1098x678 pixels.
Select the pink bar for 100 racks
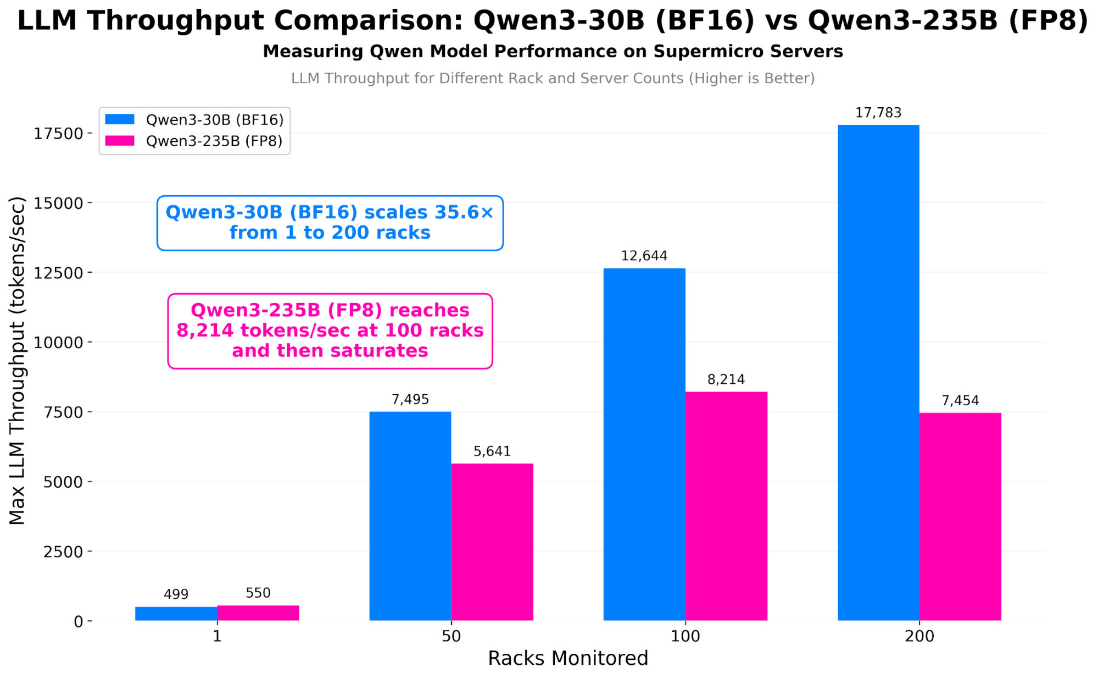726,506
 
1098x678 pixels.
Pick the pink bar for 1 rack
258,613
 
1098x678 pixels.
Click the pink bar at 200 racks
960,516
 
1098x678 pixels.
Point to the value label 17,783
878,113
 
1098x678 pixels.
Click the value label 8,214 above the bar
726,379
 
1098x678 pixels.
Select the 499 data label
176,594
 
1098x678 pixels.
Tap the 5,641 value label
492,451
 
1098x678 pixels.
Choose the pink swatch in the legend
120,141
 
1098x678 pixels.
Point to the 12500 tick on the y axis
59,273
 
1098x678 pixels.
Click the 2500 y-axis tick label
63,552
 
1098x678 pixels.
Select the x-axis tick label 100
685,636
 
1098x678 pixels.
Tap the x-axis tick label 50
451,636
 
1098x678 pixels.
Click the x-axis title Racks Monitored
567,658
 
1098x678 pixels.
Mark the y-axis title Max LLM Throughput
17,360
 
